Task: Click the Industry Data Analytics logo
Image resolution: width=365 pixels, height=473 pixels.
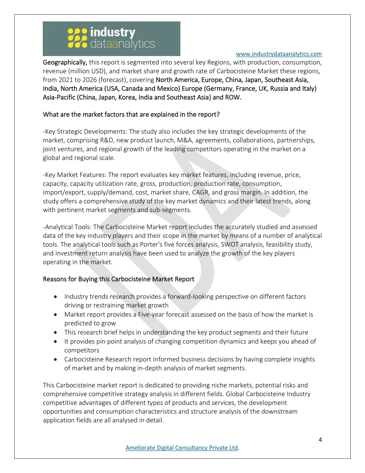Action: [111, 39]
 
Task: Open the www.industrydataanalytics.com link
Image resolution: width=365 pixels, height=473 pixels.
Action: [279, 54]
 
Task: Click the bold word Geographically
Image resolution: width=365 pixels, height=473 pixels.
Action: [65, 62]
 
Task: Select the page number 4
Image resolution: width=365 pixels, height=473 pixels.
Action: [320, 439]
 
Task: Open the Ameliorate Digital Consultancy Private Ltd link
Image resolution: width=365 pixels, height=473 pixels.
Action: [181, 448]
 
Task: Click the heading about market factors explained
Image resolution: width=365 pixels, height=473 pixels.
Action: [131, 115]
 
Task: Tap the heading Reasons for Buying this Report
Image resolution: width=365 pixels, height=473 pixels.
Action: [118, 279]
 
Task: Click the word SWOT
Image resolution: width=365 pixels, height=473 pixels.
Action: [230, 245]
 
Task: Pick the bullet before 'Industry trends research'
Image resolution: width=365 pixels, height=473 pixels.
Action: [56, 297]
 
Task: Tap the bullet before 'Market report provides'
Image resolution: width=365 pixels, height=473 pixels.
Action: [56, 315]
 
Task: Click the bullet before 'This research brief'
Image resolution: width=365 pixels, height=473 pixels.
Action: [56, 332]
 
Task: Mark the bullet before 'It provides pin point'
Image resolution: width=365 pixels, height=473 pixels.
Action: [56, 341]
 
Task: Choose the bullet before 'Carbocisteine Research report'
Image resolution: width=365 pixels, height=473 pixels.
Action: [56, 359]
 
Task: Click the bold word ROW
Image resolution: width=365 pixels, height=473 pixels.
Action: [232, 97]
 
